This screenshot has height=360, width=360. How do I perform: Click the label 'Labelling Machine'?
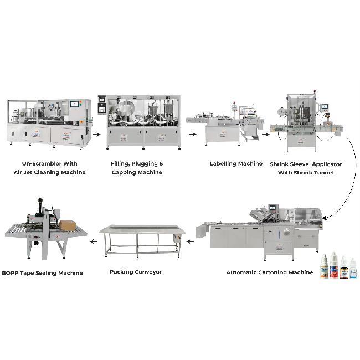coord(236,164)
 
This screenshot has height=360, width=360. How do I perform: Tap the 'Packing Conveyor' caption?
coord(136,272)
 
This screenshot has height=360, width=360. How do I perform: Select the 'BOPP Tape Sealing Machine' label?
coord(42,273)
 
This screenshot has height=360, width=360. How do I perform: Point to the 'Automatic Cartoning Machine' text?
coord(270,272)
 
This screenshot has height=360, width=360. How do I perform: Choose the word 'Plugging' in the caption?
coord(145,164)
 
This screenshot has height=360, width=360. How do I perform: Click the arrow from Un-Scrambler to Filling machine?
coord(97,135)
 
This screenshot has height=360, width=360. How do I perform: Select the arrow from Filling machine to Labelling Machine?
coord(192,135)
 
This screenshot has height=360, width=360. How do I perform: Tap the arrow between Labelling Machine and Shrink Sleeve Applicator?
coord(266,135)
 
